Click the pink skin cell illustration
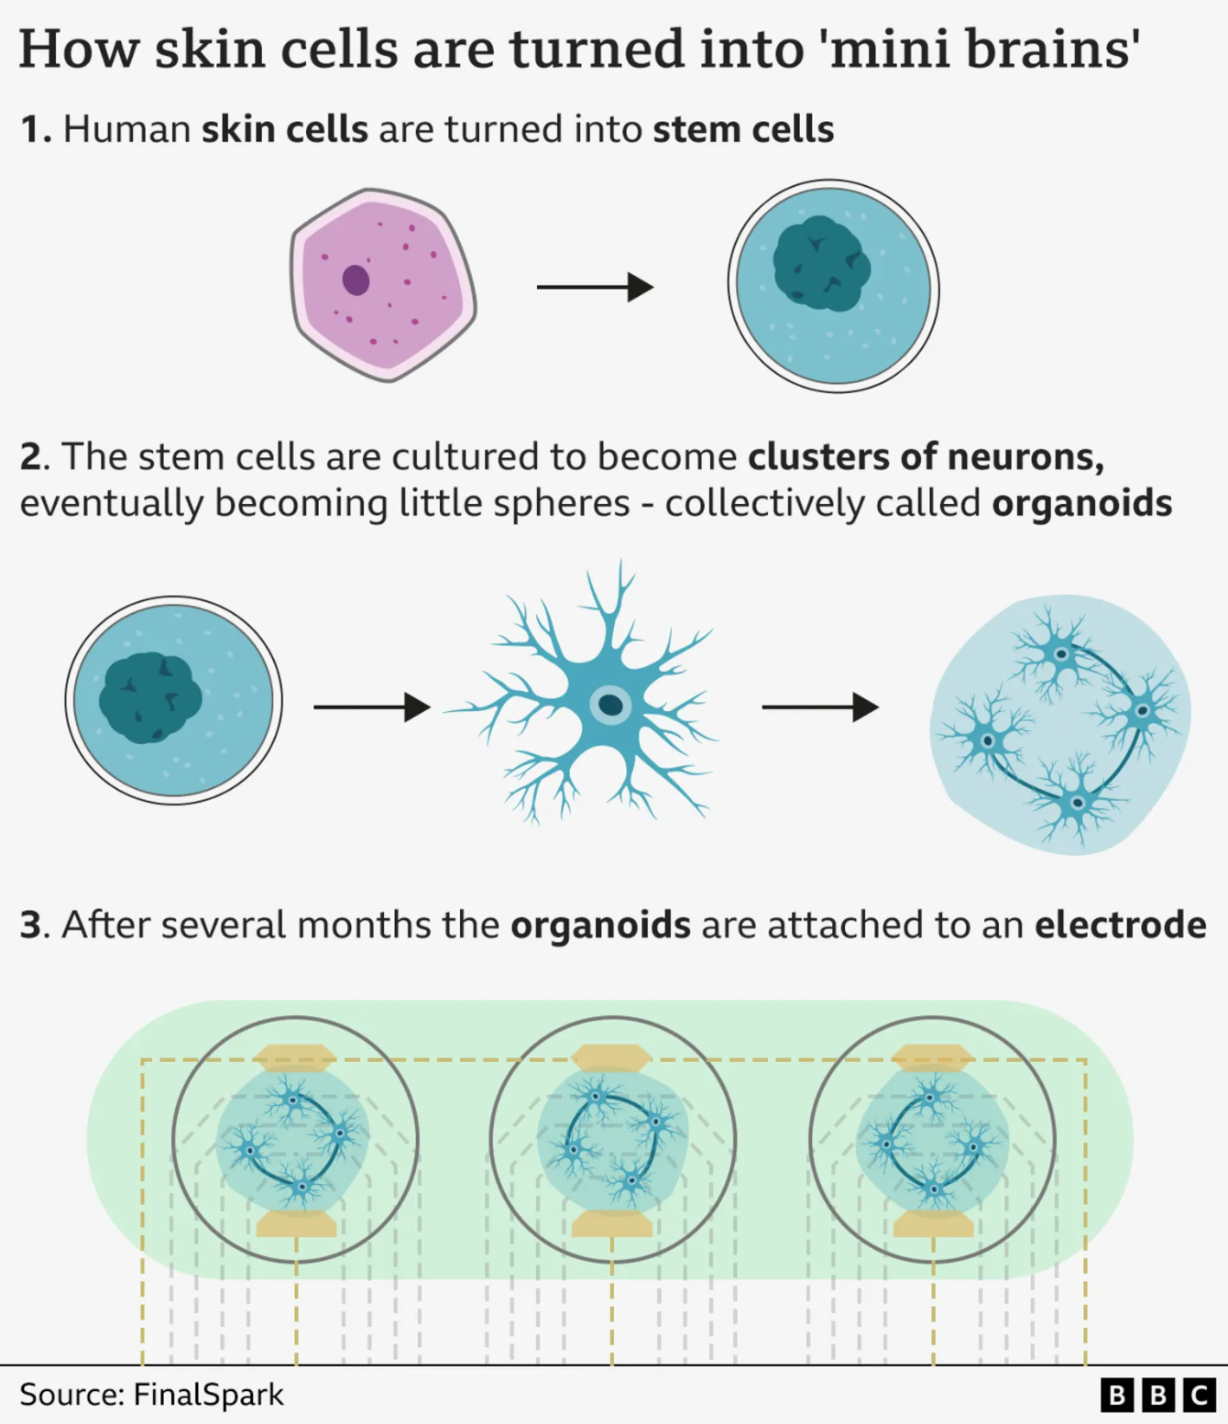(383, 285)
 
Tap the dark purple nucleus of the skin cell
(356, 279)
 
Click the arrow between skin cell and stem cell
(595, 287)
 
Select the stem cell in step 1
(833, 286)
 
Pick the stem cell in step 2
(173, 700)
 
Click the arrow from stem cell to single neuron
(371, 707)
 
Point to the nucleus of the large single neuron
(609, 705)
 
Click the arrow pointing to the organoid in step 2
(819, 707)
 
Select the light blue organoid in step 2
(1060, 724)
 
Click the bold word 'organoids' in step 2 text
(1081, 503)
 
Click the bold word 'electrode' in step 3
(1120, 925)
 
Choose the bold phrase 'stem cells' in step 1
(743, 129)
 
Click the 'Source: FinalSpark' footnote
(151, 1395)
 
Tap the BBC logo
(1157, 1395)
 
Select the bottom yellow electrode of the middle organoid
(612, 1223)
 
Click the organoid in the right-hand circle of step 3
(932, 1141)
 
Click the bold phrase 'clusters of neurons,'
(926, 456)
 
